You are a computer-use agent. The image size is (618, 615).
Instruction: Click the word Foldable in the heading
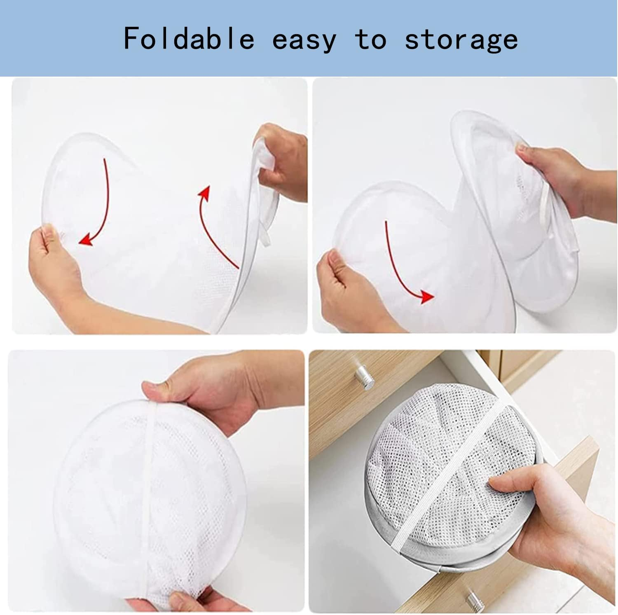(x=189, y=40)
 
